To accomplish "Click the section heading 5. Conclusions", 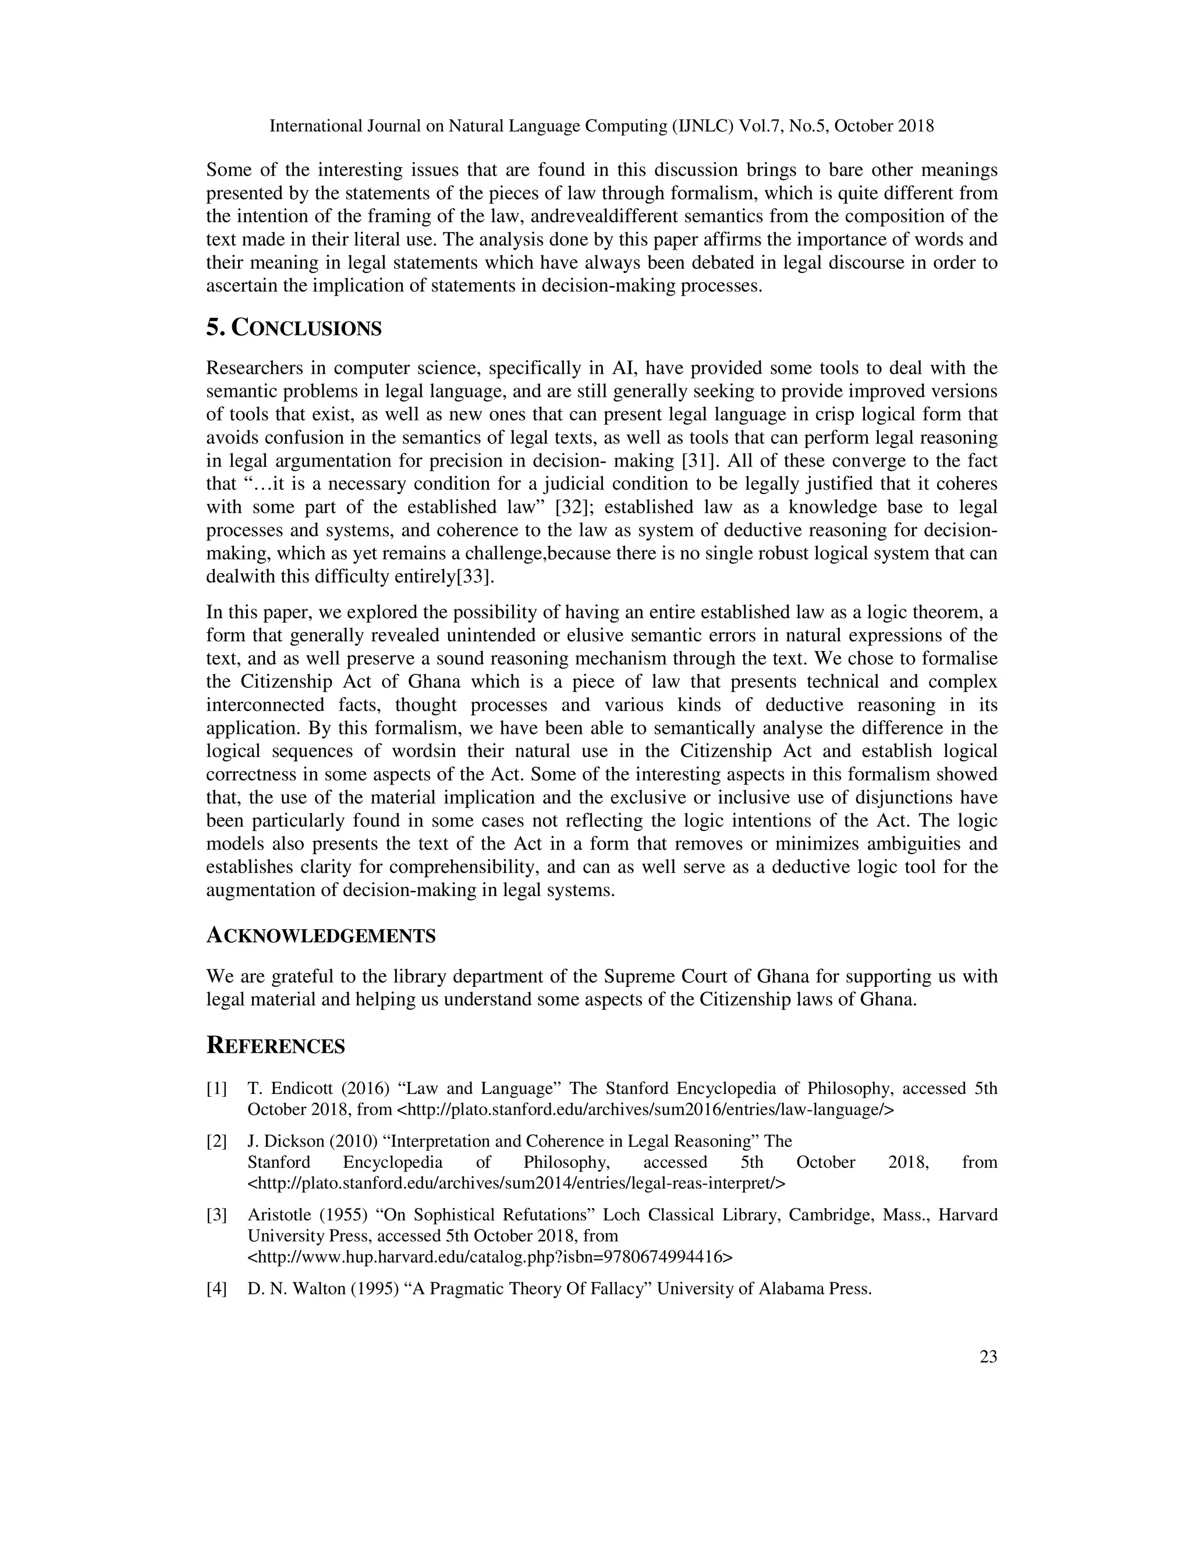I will pyautogui.click(x=294, y=328).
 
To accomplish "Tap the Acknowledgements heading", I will pyautogui.click(x=321, y=936).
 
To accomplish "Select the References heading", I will pyautogui.click(x=275, y=1046).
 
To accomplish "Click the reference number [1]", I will pyautogui.click(x=217, y=1088).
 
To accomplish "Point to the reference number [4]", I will pyautogui.click(x=217, y=1288).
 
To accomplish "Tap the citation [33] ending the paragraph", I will pyautogui.click(x=473, y=577).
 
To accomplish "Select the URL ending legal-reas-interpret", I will pyautogui.click(x=516, y=1182).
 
